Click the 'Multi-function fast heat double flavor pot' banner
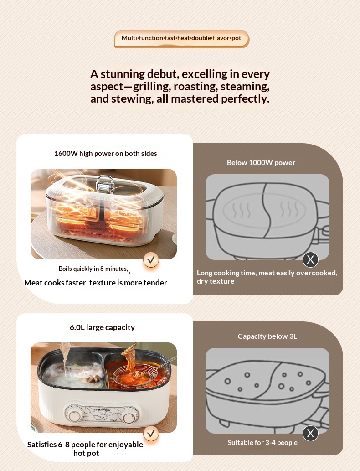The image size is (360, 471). point(181,38)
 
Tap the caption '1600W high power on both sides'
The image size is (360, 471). point(106,154)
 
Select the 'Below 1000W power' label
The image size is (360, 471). point(261,162)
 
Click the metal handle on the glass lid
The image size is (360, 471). point(105,183)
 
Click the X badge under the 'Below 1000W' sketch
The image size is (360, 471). point(310,259)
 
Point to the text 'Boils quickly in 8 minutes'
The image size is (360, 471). point(93,269)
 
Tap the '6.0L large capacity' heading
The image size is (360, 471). point(102,327)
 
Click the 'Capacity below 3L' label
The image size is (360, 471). point(267,336)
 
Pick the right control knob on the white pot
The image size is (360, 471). point(129,418)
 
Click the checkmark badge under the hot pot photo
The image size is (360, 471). point(151,434)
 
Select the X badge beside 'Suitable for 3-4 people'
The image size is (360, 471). point(310,433)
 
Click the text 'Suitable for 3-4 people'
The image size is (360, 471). point(263,442)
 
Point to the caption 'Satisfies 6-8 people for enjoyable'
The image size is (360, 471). point(85,445)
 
